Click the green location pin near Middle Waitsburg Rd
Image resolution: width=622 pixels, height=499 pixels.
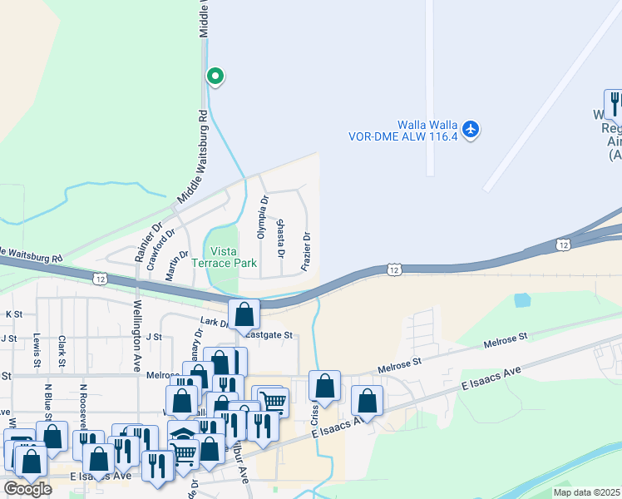215,77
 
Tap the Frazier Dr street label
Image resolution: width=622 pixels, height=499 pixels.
307,249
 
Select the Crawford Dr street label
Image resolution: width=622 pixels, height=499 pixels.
161,250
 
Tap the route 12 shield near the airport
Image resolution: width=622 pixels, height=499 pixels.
564,245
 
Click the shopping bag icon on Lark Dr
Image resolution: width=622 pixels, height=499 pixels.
244,314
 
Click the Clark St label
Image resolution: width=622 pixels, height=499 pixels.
62,351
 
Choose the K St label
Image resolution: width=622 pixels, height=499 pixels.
13,314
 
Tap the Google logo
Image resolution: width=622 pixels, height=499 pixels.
27,489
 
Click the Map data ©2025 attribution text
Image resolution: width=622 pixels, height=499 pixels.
587,492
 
